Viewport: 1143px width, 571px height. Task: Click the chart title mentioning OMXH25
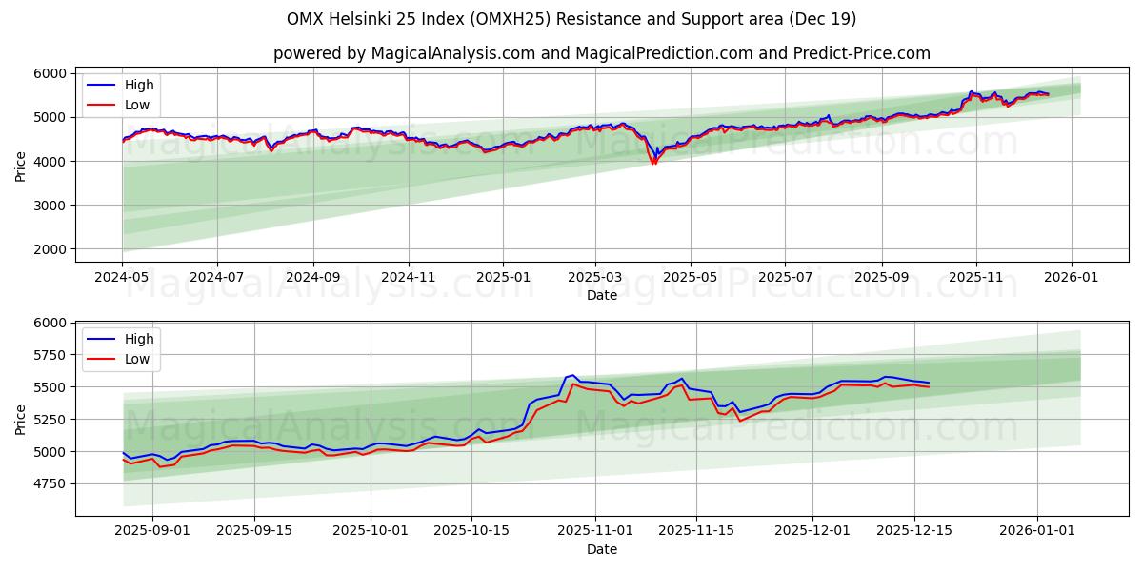coord(571,19)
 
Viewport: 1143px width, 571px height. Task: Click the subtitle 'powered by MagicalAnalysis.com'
coord(601,53)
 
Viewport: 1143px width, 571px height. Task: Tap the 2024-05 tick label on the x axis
coord(122,276)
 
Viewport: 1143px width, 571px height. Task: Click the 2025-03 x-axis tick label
coord(595,276)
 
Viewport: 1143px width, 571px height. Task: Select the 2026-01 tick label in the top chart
coord(1071,276)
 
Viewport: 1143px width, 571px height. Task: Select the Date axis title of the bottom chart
coord(601,549)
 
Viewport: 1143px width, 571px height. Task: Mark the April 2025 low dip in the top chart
coord(653,163)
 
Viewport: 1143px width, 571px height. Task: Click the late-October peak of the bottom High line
coord(572,375)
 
